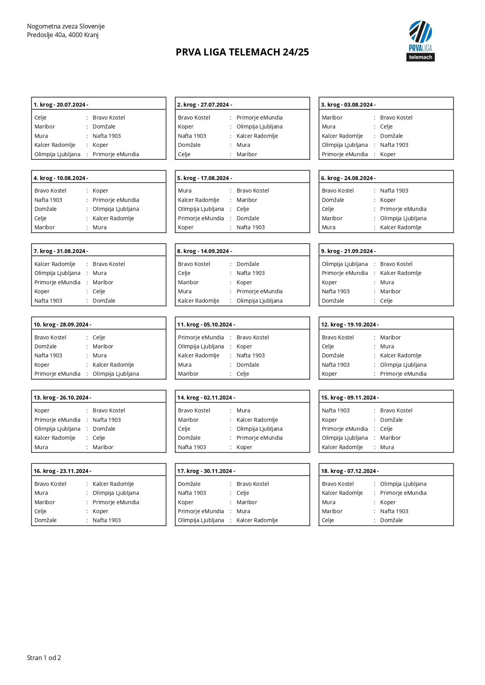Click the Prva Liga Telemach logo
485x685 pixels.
[420, 41]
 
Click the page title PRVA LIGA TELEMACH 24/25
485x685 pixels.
[242, 52]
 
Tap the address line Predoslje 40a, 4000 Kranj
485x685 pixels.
[63, 35]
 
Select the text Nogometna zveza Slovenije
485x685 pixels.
[66, 26]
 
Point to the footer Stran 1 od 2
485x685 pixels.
[44, 658]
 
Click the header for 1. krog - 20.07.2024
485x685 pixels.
[61, 105]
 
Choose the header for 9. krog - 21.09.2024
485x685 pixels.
[348, 251]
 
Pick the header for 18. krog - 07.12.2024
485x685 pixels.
[350, 471]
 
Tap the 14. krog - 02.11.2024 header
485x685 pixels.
[206, 398]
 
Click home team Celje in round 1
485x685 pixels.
[40, 118]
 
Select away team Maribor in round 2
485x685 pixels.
[247, 154]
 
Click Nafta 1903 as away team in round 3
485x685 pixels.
[394, 145]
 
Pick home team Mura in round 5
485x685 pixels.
[185, 191]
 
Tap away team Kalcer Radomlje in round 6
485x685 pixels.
[401, 227]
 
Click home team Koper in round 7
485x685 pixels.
[42, 291]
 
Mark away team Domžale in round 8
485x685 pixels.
[248, 264]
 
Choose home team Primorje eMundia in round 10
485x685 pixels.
[57, 374]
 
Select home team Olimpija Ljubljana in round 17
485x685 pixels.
[201, 520]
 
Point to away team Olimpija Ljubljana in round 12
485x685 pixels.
[403, 365]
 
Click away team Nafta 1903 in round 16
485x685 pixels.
[106, 520]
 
